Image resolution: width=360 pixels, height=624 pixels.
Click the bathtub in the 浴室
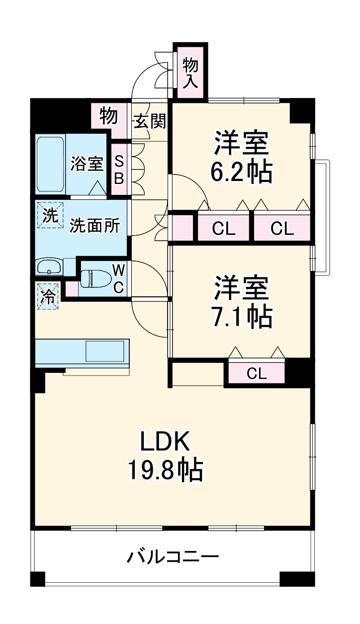[50, 165]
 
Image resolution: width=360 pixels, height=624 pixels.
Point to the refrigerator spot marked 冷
[48, 297]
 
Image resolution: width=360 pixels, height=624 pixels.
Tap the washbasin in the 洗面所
[49, 267]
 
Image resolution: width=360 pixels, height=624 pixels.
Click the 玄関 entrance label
[149, 121]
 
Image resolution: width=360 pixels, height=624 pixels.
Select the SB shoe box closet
[119, 171]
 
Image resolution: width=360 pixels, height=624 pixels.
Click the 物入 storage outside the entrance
[190, 72]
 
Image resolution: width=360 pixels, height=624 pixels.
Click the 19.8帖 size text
[165, 469]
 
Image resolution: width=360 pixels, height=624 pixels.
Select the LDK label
[165, 441]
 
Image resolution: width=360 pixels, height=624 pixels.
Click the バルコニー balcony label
[172, 555]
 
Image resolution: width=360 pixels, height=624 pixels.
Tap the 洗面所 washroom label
[94, 226]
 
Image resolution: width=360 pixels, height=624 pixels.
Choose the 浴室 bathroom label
[87, 164]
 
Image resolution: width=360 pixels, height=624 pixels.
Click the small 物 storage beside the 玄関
[108, 116]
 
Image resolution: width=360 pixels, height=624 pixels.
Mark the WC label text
[118, 279]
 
